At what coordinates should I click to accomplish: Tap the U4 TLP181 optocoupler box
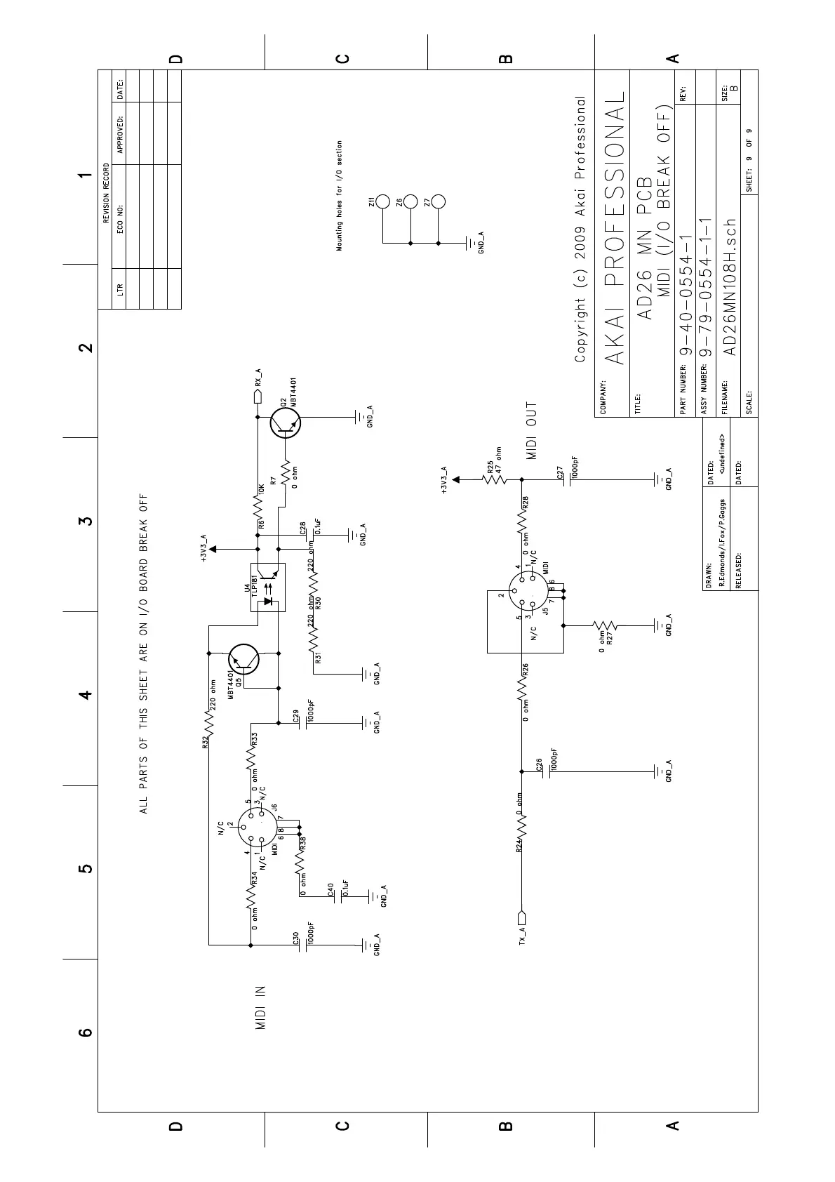tap(268, 587)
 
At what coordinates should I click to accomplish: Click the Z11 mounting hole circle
tap(382, 202)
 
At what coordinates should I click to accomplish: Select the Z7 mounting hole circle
tap(439, 202)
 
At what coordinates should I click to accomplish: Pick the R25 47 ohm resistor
tap(495, 480)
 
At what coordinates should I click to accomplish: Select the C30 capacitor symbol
tap(302, 945)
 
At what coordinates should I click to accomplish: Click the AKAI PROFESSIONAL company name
tap(614, 228)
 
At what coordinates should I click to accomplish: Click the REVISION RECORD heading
tap(107, 193)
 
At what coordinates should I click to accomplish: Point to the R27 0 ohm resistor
tap(604, 625)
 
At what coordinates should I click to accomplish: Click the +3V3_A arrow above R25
tap(456, 479)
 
